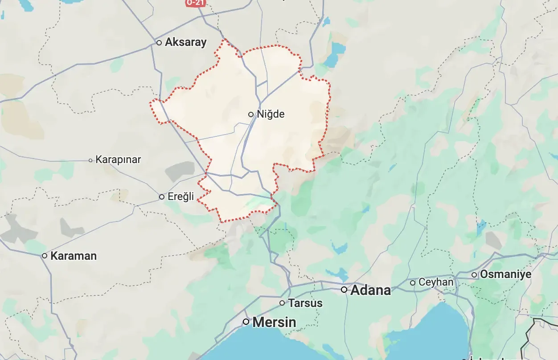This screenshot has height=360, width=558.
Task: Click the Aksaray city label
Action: tap(185, 42)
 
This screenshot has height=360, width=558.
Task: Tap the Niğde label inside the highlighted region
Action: tap(271, 114)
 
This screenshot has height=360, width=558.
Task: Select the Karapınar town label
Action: tap(118, 160)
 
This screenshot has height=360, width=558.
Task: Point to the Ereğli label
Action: tap(181, 196)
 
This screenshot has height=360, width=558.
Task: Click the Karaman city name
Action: tap(74, 256)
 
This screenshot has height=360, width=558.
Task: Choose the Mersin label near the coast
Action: tap(274, 322)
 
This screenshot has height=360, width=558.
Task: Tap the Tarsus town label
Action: tap(305, 303)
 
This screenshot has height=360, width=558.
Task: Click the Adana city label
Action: tap(371, 290)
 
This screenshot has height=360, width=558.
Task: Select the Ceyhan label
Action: tap(436, 282)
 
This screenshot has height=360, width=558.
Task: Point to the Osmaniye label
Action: tap(505, 274)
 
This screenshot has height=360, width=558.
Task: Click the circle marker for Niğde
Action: tap(251, 115)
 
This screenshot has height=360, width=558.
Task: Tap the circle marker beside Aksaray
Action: tap(159, 43)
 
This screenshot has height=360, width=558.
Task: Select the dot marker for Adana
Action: tap(344, 290)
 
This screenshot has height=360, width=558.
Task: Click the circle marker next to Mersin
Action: tap(246, 322)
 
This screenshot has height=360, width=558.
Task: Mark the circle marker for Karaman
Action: tap(45, 256)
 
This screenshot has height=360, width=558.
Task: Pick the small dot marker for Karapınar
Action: tap(90, 160)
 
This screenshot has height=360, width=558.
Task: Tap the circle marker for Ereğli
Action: tap(162, 196)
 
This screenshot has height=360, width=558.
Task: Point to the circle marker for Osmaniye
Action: tap(474, 275)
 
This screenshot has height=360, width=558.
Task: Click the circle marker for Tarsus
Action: tap(282, 303)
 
